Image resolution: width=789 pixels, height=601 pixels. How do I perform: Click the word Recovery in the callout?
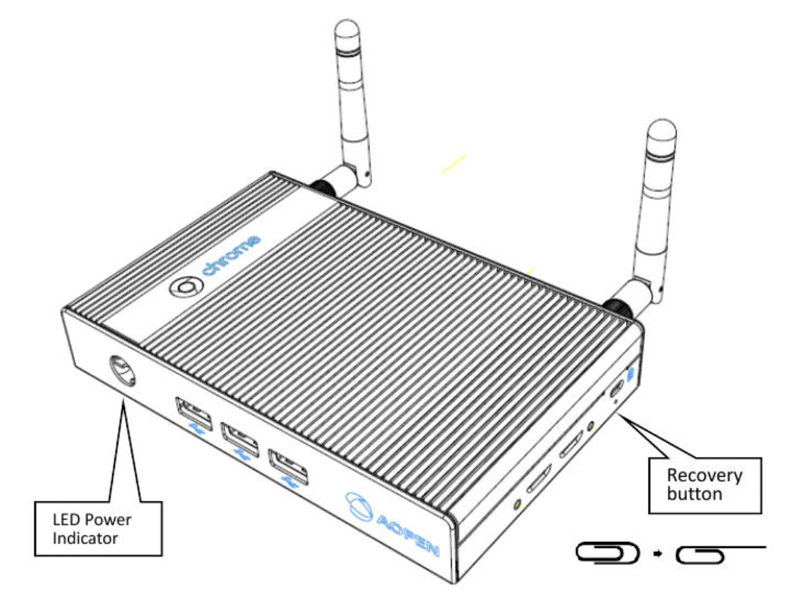703,477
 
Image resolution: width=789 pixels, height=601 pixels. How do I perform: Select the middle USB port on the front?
238,437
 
